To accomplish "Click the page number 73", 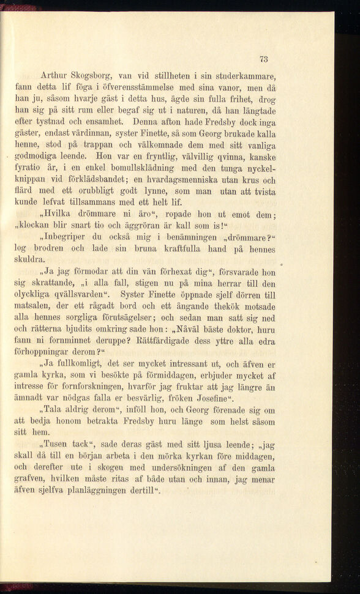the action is pyautogui.click(x=264, y=59).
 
